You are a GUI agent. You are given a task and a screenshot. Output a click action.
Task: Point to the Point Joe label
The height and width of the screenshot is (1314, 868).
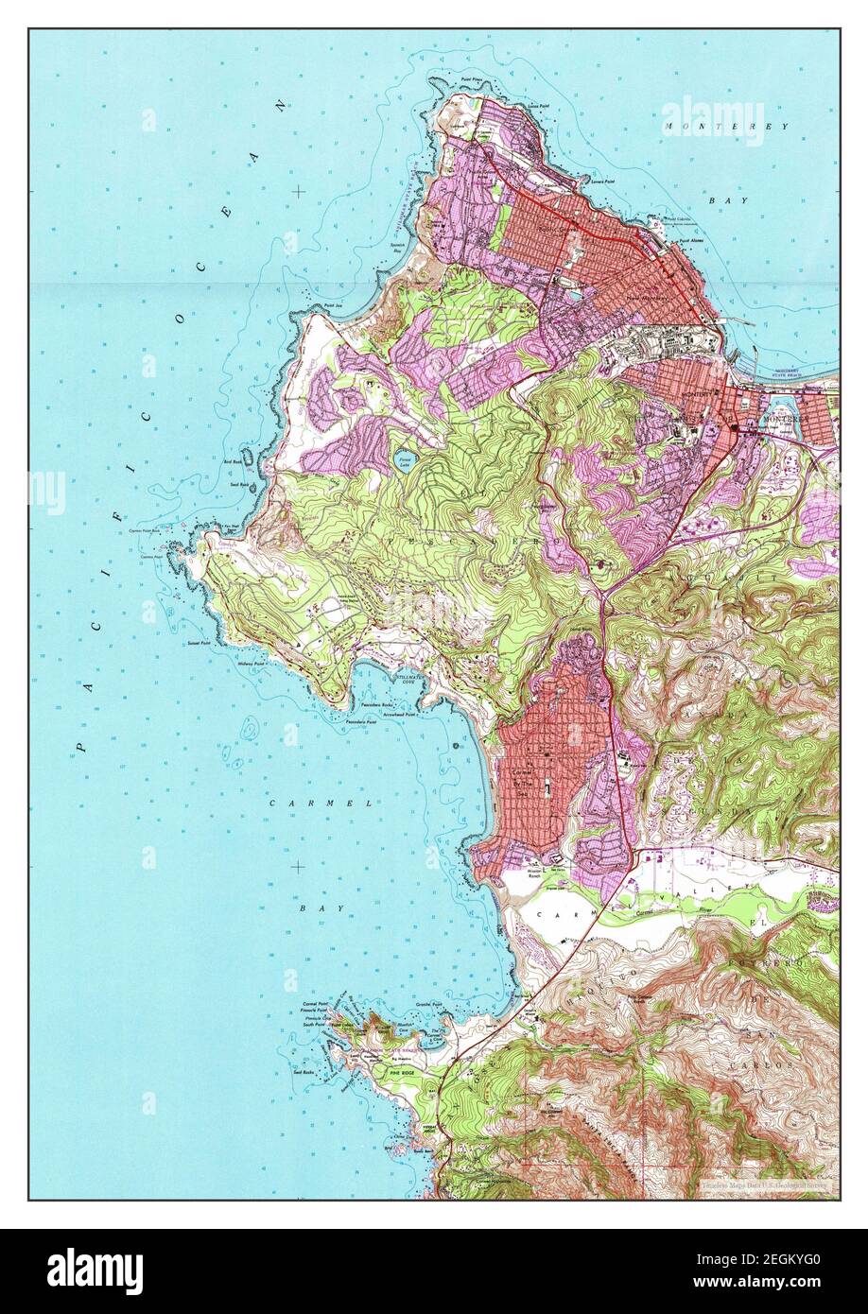331,305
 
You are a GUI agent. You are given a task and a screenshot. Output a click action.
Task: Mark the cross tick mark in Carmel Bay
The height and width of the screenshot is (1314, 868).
299,866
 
